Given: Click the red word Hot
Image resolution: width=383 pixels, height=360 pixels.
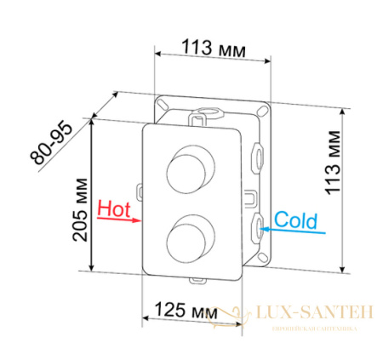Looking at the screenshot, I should click(x=115, y=208).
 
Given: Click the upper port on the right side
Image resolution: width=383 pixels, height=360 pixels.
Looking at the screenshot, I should click(x=257, y=156).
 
